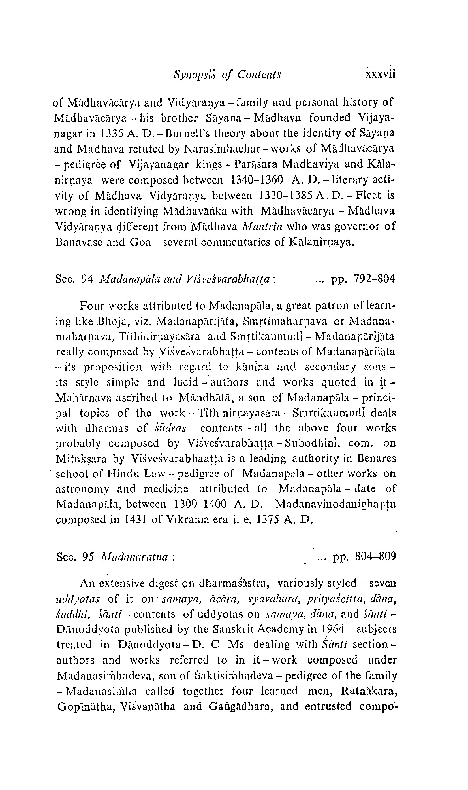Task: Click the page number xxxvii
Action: pos(380,75)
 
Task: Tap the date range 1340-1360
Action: pos(257,180)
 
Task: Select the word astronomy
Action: pos(82,489)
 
